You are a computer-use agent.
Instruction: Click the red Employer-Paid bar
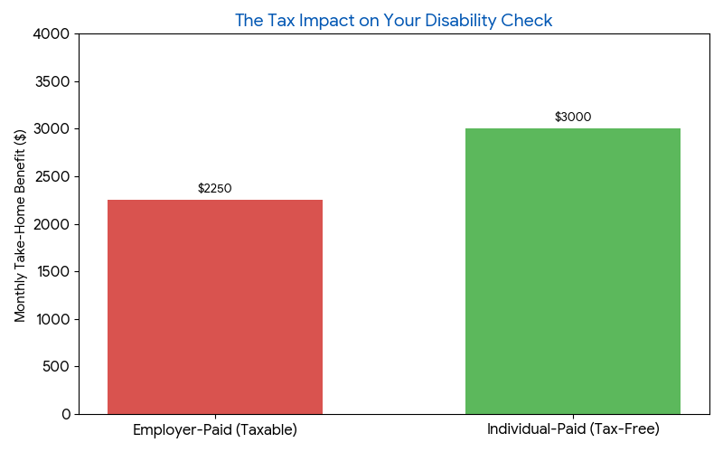coord(215,307)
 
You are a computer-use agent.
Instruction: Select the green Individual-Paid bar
coord(573,271)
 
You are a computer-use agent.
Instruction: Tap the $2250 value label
coord(215,189)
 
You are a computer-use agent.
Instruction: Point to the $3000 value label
coord(573,118)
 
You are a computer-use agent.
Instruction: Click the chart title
coord(393,20)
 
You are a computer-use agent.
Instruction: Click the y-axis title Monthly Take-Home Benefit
coord(21,224)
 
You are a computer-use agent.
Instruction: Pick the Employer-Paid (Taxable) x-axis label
coord(215,429)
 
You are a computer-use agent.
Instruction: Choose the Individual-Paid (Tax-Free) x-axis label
coord(573,428)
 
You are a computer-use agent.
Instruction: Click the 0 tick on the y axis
coord(66,414)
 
